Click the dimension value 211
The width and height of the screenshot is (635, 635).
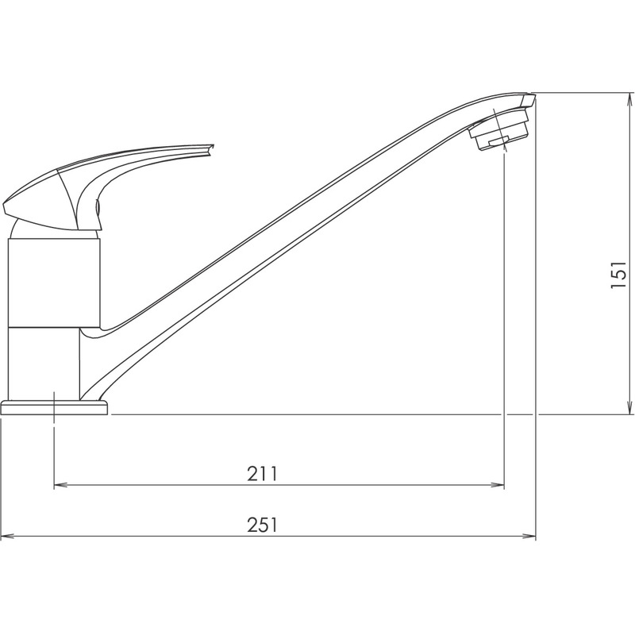262,474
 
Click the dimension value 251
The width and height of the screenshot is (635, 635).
262,525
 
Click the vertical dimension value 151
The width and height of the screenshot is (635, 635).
619,274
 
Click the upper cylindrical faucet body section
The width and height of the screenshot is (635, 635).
54,282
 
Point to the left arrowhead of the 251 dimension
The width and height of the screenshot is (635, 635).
6,537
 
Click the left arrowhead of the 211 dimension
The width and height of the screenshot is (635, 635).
60,485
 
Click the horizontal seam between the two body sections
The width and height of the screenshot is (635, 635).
54,327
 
